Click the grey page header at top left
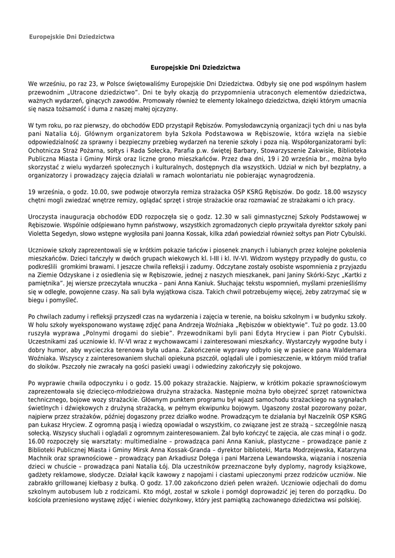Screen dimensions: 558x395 point(71,37)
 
